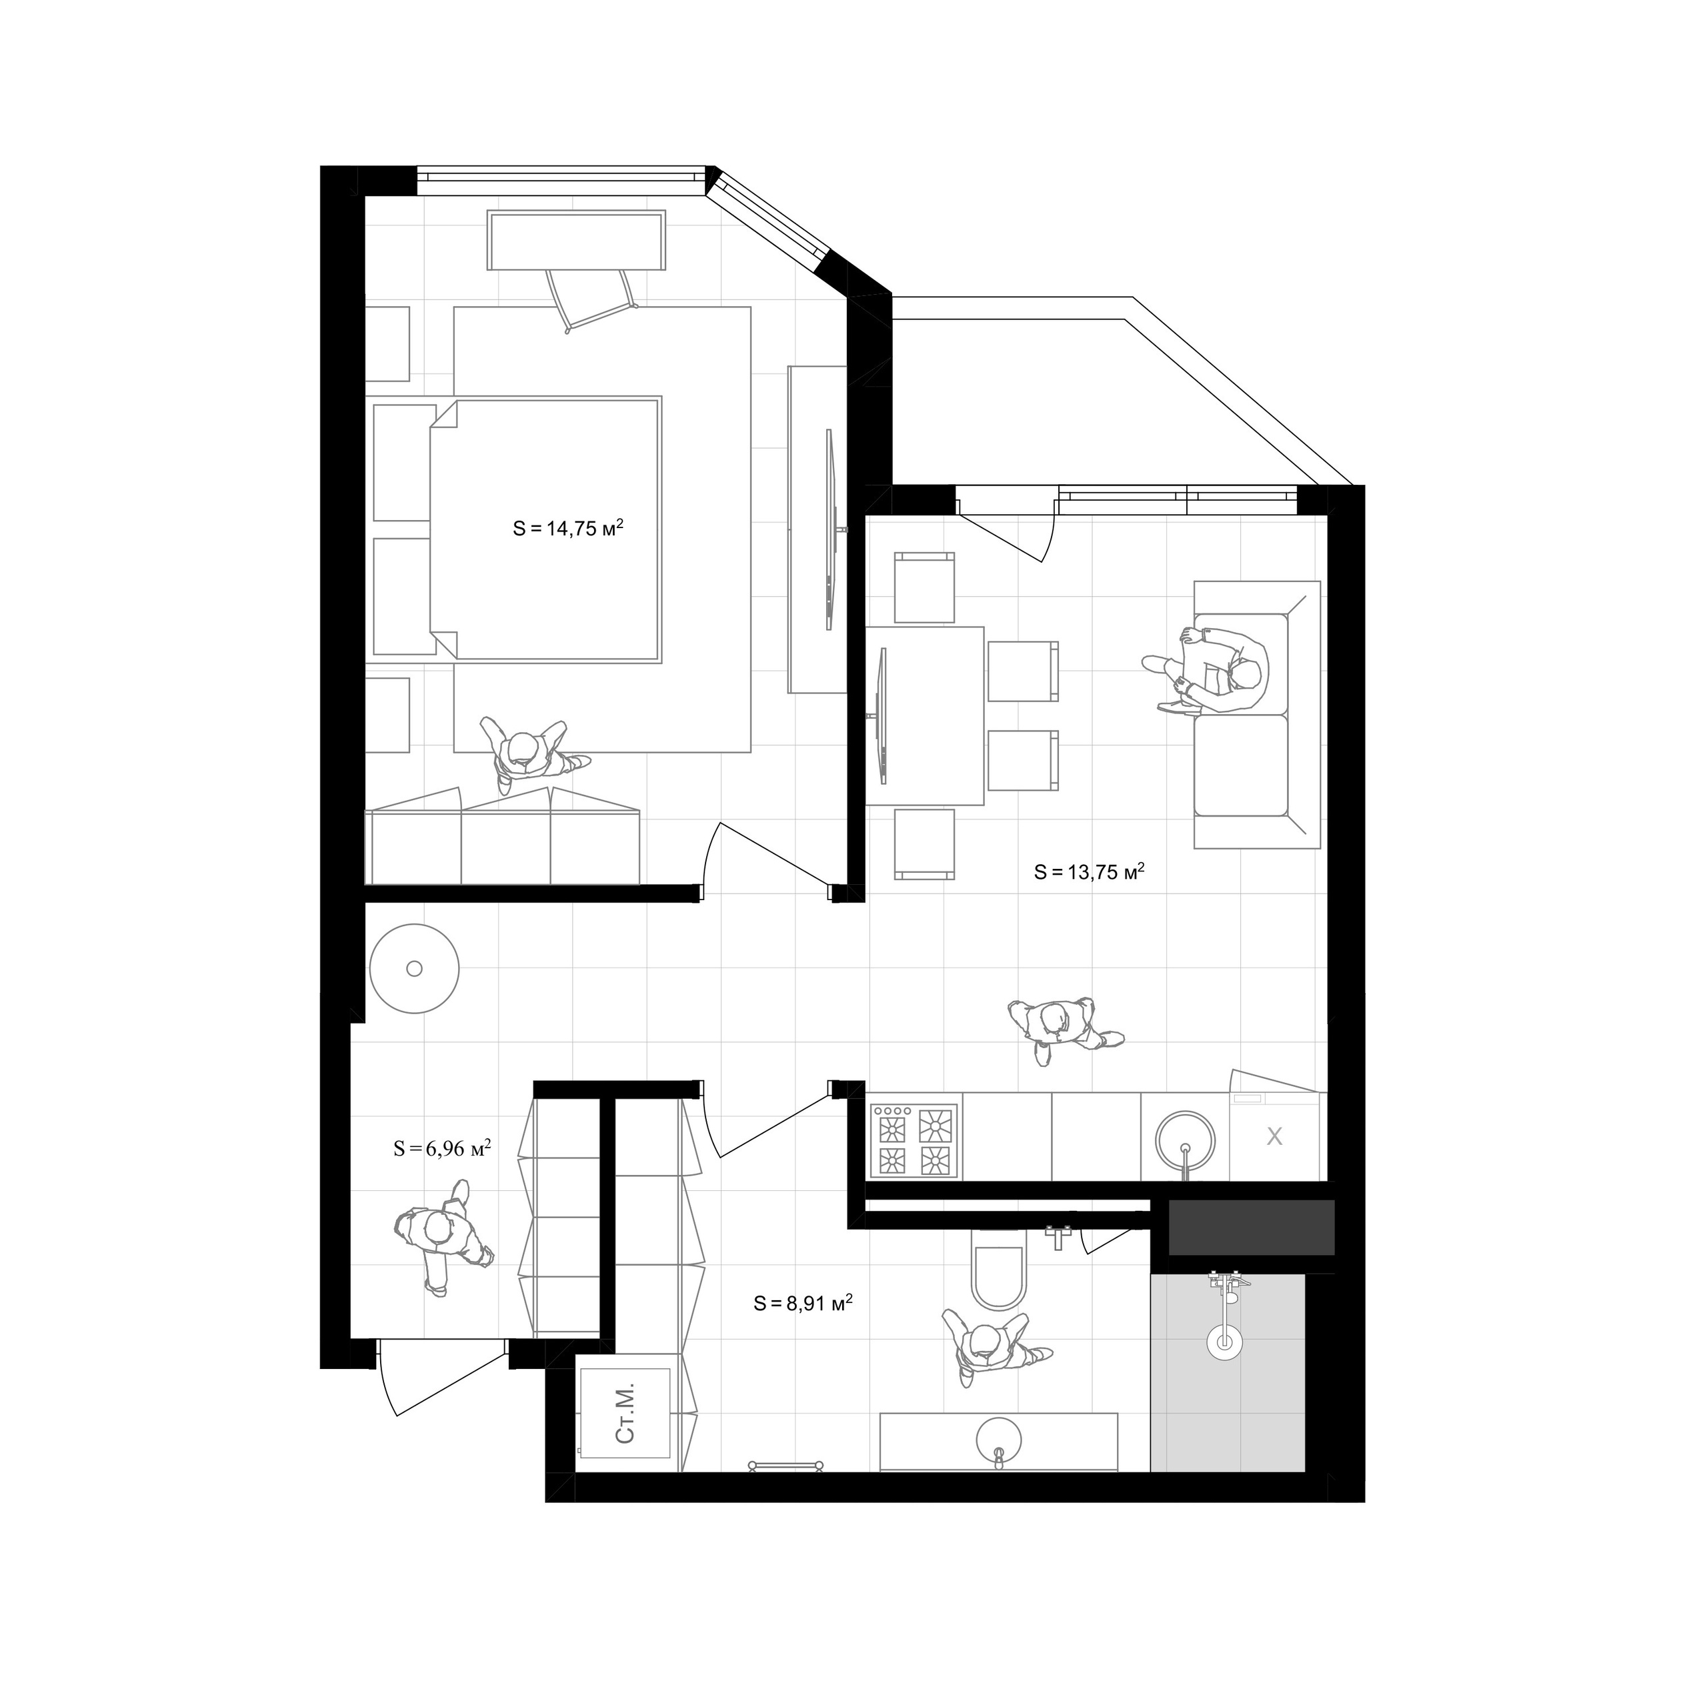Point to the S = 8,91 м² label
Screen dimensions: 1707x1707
pos(803,1303)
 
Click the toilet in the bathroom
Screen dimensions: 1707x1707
pos(1000,1273)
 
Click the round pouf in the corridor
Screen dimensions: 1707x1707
pos(414,968)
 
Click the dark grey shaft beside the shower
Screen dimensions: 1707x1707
pos(1250,1227)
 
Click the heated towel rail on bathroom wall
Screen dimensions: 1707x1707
pos(785,1465)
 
